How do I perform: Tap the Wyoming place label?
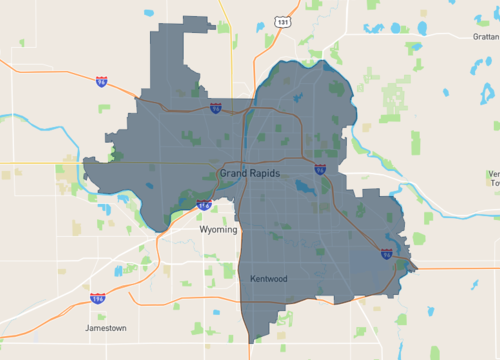pos(219,229)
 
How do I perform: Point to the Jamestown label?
pos(106,327)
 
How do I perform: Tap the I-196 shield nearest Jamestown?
pos(98,298)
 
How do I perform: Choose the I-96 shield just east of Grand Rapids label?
pos(319,170)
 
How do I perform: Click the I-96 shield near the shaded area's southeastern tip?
pos(386,254)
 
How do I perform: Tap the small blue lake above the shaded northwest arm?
pos(150,14)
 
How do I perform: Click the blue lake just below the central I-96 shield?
pos(303,187)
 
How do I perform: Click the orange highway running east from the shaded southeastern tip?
pos(455,268)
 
